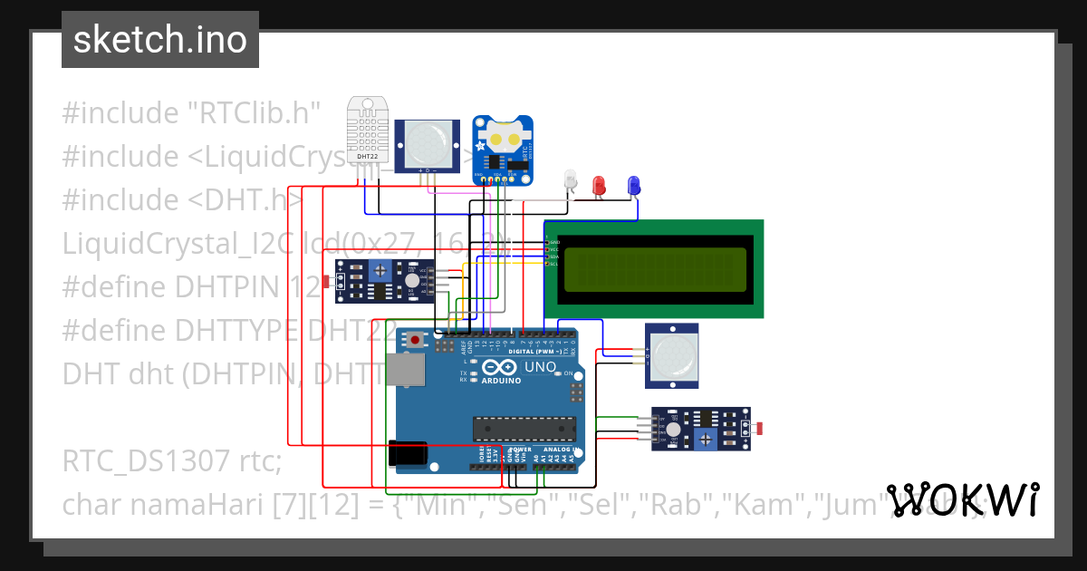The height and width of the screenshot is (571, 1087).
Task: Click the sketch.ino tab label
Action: [160, 40]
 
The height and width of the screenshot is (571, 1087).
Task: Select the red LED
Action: [598, 185]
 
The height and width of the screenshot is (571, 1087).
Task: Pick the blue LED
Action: [633, 185]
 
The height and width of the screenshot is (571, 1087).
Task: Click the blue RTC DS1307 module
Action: [504, 150]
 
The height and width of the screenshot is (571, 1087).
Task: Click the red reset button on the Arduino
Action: [416, 341]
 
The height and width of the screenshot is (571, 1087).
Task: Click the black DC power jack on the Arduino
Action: [408, 452]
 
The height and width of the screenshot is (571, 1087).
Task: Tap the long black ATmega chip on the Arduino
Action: [524, 426]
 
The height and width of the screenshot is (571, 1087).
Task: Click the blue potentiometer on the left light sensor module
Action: [381, 268]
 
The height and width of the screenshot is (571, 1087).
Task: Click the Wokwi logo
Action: [962, 499]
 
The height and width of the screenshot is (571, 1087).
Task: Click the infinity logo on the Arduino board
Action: [500, 368]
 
